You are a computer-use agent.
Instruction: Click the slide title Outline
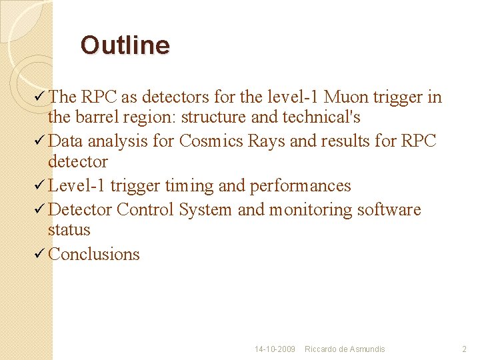(125, 45)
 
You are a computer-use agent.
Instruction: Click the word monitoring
(311, 209)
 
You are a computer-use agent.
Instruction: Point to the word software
(389, 209)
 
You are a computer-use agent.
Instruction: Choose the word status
(69, 229)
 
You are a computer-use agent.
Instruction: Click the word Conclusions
(94, 254)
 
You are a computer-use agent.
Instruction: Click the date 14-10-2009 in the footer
(275, 349)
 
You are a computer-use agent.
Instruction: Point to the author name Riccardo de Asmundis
(345, 349)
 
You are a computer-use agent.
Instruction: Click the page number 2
(465, 349)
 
